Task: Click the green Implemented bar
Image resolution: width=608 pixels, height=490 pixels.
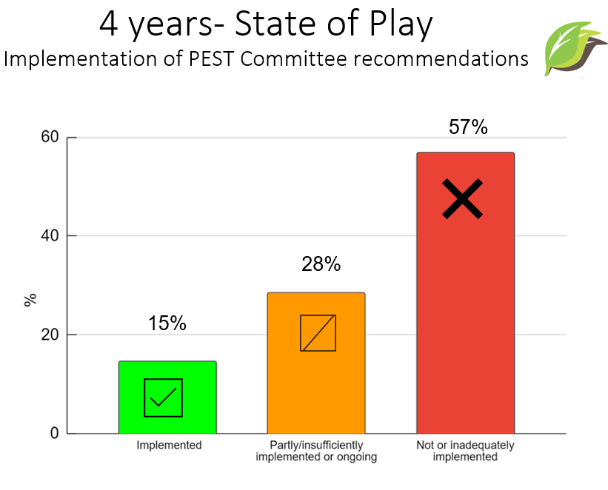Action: click(x=167, y=397)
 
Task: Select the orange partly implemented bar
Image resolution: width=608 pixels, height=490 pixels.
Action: click(x=316, y=363)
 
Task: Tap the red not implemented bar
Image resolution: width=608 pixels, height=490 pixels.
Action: click(x=466, y=292)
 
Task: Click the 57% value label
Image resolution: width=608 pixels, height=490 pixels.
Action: click(x=468, y=127)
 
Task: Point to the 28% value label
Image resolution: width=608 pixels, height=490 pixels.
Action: click(x=321, y=264)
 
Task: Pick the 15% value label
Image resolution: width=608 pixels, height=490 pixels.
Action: click(x=167, y=323)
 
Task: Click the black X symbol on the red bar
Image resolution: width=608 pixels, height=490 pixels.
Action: click(x=463, y=199)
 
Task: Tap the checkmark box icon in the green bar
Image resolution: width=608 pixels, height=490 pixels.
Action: click(x=163, y=397)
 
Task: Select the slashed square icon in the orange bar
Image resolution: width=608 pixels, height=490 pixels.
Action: click(x=318, y=333)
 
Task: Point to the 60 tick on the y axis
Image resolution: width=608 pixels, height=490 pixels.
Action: click(x=50, y=137)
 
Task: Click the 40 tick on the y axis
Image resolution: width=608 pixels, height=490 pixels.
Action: click(x=50, y=235)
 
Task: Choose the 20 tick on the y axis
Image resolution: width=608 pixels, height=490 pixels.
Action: click(x=50, y=334)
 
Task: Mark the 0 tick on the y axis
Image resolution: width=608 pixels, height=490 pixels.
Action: click(x=54, y=433)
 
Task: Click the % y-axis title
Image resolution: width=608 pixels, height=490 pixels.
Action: click(x=30, y=300)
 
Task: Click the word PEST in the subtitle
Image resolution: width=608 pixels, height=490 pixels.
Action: click(x=211, y=59)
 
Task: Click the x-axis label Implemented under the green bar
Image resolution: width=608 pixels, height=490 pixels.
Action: click(x=169, y=445)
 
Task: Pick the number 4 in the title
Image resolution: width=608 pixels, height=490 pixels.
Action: click(x=109, y=23)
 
